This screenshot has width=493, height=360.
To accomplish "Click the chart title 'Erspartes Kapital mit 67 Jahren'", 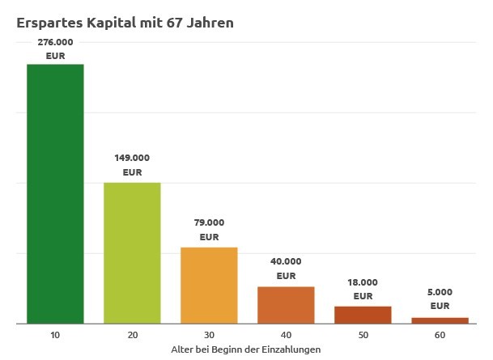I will click(125, 23).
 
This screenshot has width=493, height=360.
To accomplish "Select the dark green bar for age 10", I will click(55, 193).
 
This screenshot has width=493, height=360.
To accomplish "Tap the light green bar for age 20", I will click(132, 253).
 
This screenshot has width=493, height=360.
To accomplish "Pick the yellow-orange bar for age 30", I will click(209, 286).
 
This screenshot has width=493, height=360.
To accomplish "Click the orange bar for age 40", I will click(286, 305).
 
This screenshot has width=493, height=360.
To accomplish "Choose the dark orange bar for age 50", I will click(363, 315).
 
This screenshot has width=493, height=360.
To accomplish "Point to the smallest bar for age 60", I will click(440, 320).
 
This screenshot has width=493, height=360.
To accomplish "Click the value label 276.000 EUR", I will click(55, 49).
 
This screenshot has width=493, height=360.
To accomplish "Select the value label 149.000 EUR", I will click(132, 165).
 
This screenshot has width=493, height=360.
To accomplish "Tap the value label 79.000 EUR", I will click(209, 230).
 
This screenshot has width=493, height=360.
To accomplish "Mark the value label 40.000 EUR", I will click(286, 269).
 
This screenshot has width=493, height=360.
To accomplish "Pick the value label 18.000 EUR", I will click(363, 289).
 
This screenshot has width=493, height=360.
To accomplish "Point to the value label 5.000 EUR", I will click(440, 299).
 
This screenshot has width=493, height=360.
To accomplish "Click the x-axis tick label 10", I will click(55, 335).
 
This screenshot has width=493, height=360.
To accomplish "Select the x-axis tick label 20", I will click(132, 335).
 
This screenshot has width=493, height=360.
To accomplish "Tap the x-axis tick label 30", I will click(209, 335).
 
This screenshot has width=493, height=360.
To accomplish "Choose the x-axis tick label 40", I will click(286, 335).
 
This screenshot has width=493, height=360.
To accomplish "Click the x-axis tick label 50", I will click(363, 335).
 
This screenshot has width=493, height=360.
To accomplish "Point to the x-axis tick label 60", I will click(440, 335).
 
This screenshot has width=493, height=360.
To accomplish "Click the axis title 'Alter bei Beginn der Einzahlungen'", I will click(246, 349).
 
